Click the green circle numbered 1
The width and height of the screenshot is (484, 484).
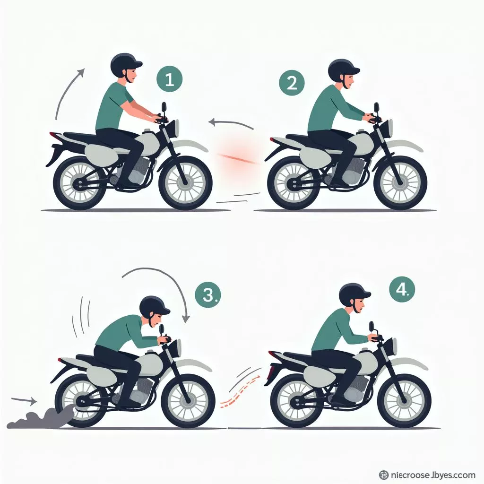pos(169,80)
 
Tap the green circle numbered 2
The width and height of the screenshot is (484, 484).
pos(292,83)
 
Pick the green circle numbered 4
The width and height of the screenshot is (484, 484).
pos(402,289)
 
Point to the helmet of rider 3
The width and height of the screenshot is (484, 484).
pos(154,306)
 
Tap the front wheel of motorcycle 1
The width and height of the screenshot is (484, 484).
pos(185,182)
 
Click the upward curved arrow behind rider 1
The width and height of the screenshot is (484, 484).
pos(66,92)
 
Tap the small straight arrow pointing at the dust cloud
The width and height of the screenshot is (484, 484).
pos(24,401)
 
